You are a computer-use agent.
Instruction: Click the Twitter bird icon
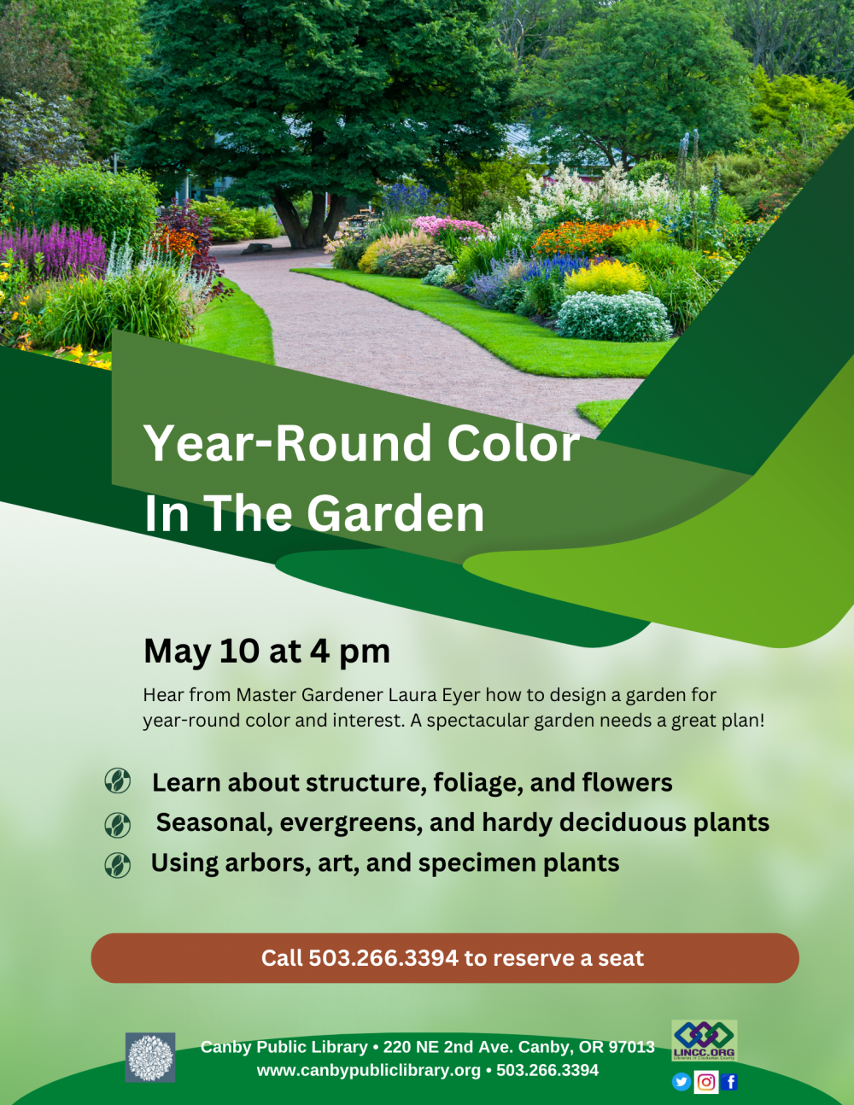681,1082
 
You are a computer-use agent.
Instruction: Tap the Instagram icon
706,1082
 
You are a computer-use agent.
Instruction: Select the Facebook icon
729,1082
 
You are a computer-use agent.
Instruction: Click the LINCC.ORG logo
704,1040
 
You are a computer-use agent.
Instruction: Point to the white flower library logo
150,1057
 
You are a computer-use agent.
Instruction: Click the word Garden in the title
395,514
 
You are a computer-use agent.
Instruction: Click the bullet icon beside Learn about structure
117,781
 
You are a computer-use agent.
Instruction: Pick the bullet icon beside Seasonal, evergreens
117,825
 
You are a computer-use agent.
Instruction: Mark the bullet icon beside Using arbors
117,865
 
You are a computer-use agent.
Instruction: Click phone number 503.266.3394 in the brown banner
383,958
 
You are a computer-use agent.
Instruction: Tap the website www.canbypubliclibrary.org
368,1070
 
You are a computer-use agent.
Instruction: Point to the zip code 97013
631,1047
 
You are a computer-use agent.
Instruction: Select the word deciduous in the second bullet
622,822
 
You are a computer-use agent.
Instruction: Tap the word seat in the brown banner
621,958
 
